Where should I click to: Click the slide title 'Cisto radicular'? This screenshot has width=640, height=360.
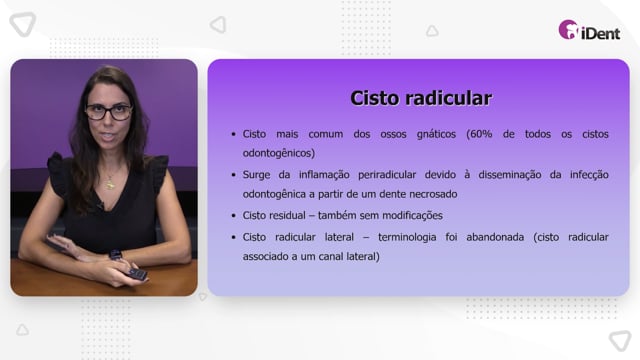(x=421, y=98)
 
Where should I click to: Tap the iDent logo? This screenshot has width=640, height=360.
(x=589, y=30)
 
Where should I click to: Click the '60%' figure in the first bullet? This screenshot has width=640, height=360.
(x=479, y=134)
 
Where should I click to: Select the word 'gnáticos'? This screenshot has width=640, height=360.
(x=436, y=134)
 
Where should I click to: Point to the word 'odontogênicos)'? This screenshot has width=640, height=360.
(x=279, y=153)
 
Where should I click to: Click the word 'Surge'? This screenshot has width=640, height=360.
(x=256, y=175)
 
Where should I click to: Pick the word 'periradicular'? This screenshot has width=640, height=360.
(x=387, y=175)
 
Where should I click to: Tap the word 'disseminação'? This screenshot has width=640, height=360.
(x=510, y=175)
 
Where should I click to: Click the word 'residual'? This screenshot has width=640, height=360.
(x=290, y=216)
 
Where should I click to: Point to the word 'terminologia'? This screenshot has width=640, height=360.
(x=407, y=237)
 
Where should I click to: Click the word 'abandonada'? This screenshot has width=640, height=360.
(x=495, y=237)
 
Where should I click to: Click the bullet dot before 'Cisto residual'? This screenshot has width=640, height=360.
(x=233, y=216)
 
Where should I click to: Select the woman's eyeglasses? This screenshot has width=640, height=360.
(x=109, y=112)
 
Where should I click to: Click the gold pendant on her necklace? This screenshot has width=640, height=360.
(x=110, y=184)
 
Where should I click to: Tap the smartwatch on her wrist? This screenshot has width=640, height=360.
(x=116, y=256)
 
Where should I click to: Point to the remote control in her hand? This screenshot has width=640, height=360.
(x=137, y=274)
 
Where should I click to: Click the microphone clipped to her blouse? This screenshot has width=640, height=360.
(x=99, y=206)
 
